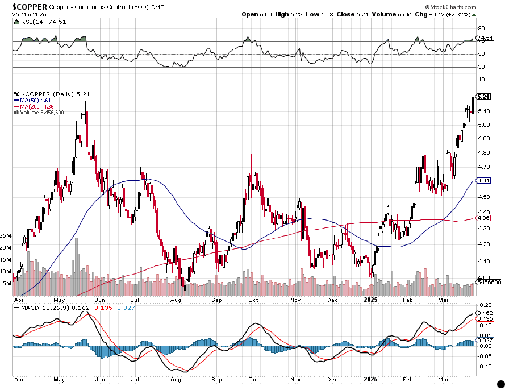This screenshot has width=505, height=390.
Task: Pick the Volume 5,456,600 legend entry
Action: pyautogui.click(x=40, y=113)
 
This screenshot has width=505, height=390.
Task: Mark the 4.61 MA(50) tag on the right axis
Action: pyautogui.click(x=484, y=180)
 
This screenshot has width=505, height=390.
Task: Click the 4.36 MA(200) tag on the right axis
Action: pyautogui.click(x=484, y=218)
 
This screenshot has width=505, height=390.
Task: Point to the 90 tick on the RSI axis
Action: pyautogui.click(x=481, y=28)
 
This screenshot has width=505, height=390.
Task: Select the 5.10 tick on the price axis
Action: pyautogui.click(x=483, y=111)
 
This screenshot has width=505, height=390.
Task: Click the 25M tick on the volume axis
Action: pyautogui.click(x=6, y=235)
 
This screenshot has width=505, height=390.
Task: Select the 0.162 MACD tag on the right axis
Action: pyautogui.click(x=484, y=313)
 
